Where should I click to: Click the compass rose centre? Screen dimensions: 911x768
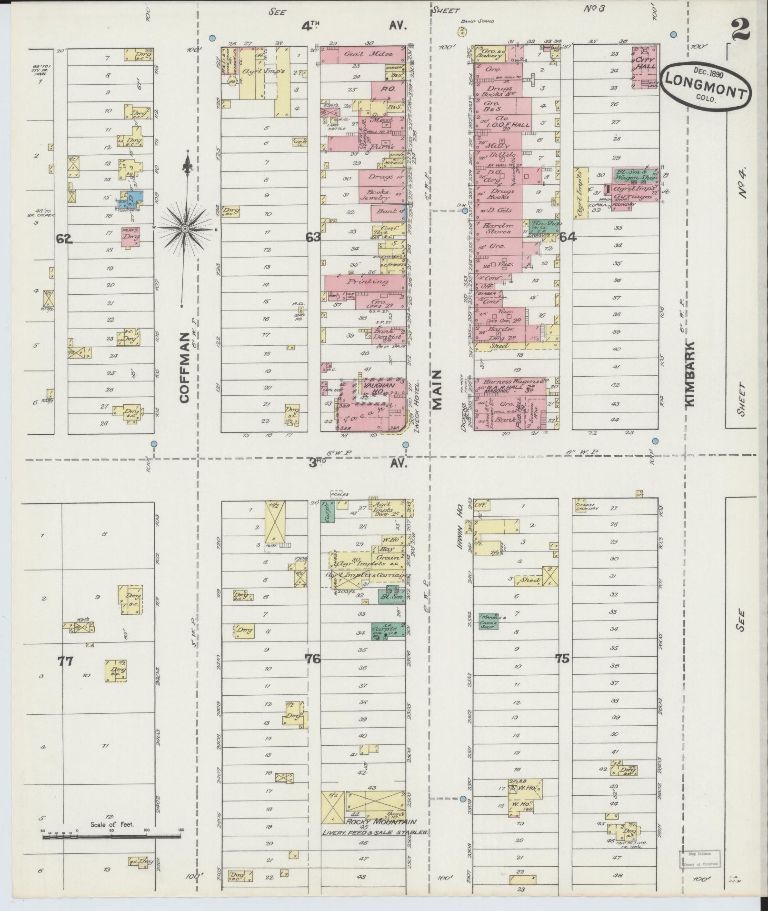(186, 230)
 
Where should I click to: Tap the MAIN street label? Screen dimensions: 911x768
(437, 390)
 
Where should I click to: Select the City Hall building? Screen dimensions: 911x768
(645, 67)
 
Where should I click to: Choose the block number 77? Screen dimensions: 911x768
(65, 661)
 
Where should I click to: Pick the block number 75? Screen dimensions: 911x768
(562, 659)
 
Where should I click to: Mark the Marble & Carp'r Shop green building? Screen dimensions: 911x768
(489, 621)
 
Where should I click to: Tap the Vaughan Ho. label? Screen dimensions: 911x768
(377, 388)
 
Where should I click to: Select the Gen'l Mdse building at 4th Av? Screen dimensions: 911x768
(364, 54)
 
